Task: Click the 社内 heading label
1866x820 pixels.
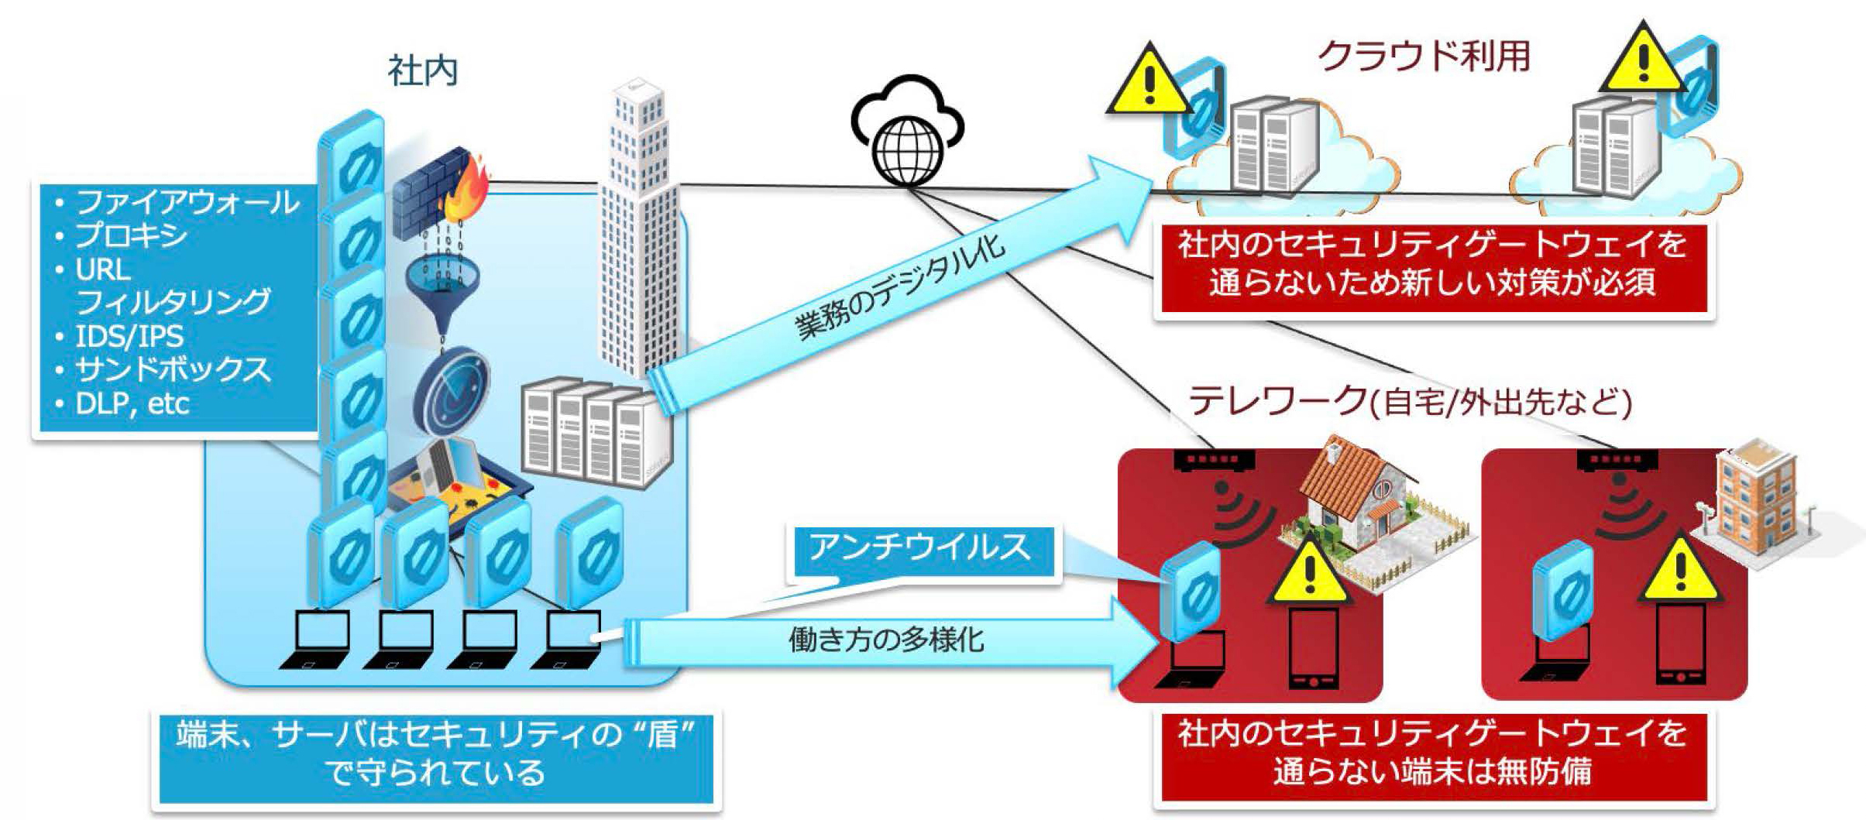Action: [422, 71]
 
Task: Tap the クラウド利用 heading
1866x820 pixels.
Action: [1424, 56]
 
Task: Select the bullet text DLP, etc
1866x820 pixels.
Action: [132, 403]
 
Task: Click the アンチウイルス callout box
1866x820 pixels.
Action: [920, 548]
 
